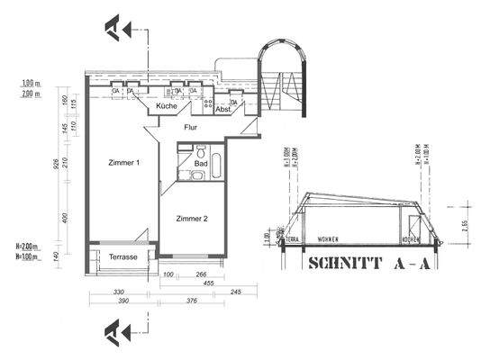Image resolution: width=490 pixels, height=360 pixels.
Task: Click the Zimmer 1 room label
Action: tap(124, 163)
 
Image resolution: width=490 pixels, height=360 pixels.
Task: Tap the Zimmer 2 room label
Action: tap(192, 219)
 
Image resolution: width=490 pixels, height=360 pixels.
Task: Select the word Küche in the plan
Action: tap(167, 106)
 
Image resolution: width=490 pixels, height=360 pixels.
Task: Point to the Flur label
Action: tap(191, 128)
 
